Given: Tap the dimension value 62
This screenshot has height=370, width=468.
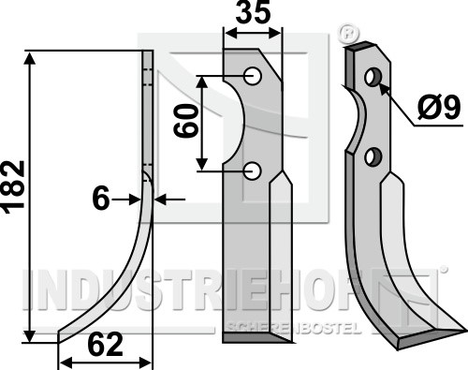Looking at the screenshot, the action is tap(105, 345).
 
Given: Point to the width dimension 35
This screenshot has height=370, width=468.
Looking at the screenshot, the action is tap(253, 13).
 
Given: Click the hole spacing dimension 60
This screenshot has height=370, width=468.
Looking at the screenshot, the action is tap(186, 121).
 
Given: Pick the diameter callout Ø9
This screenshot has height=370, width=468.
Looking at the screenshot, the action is tap(439, 108).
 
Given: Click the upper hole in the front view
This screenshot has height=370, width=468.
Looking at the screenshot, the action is tap(253, 76).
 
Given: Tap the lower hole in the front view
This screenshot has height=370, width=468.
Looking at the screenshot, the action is tap(253, 170).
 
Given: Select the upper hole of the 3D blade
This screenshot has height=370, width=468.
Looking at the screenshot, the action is tap(373, 77).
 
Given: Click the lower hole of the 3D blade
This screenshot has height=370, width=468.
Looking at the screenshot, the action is tap(373, 156).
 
